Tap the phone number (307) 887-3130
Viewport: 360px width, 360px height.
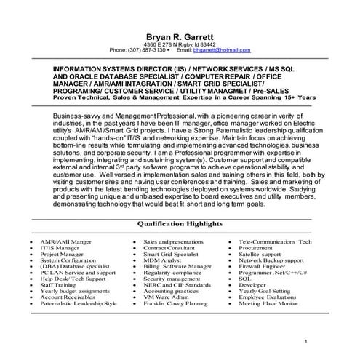[x=146, y=50]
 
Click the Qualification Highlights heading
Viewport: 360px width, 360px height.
[x=179, y=226]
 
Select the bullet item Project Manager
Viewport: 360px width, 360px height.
[x=64, y=254]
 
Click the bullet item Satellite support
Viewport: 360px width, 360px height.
[x=263, y=254]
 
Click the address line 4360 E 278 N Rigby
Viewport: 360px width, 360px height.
[x=179, y=44]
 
